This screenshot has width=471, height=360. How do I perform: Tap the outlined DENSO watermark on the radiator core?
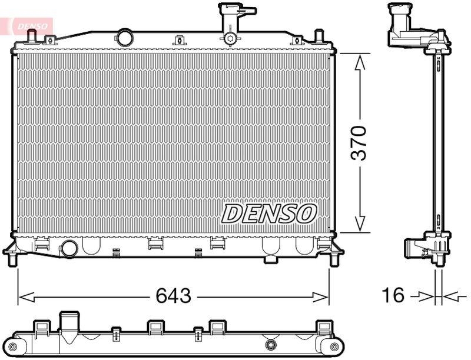click(x=269, y=214)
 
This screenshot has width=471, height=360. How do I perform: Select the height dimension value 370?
click(x=359, y=143)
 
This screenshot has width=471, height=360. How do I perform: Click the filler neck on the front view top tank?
click(x=230, y=24)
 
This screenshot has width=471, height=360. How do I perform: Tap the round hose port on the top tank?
click(x=125, y=38)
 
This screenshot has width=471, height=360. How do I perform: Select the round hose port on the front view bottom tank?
click(x=69, y=248)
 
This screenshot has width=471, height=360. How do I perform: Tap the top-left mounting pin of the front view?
click(x=32, y=37)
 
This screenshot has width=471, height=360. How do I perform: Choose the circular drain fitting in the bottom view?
click(x=271, y=345)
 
